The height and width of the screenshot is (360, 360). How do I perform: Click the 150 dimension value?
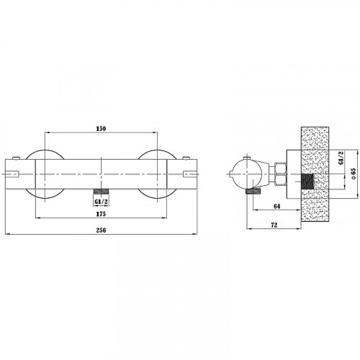101,129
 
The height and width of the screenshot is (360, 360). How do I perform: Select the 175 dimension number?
101,214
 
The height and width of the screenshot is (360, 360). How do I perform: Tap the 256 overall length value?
101,230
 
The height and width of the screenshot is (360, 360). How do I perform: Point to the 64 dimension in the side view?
277,206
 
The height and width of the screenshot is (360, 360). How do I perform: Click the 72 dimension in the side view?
274,225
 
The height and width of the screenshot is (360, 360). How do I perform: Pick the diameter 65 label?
353,174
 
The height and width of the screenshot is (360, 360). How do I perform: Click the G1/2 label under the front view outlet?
101,202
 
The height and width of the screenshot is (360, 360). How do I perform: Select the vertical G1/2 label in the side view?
341,158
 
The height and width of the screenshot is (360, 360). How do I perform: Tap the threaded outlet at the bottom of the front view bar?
101,192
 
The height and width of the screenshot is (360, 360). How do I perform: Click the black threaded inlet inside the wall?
307,181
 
